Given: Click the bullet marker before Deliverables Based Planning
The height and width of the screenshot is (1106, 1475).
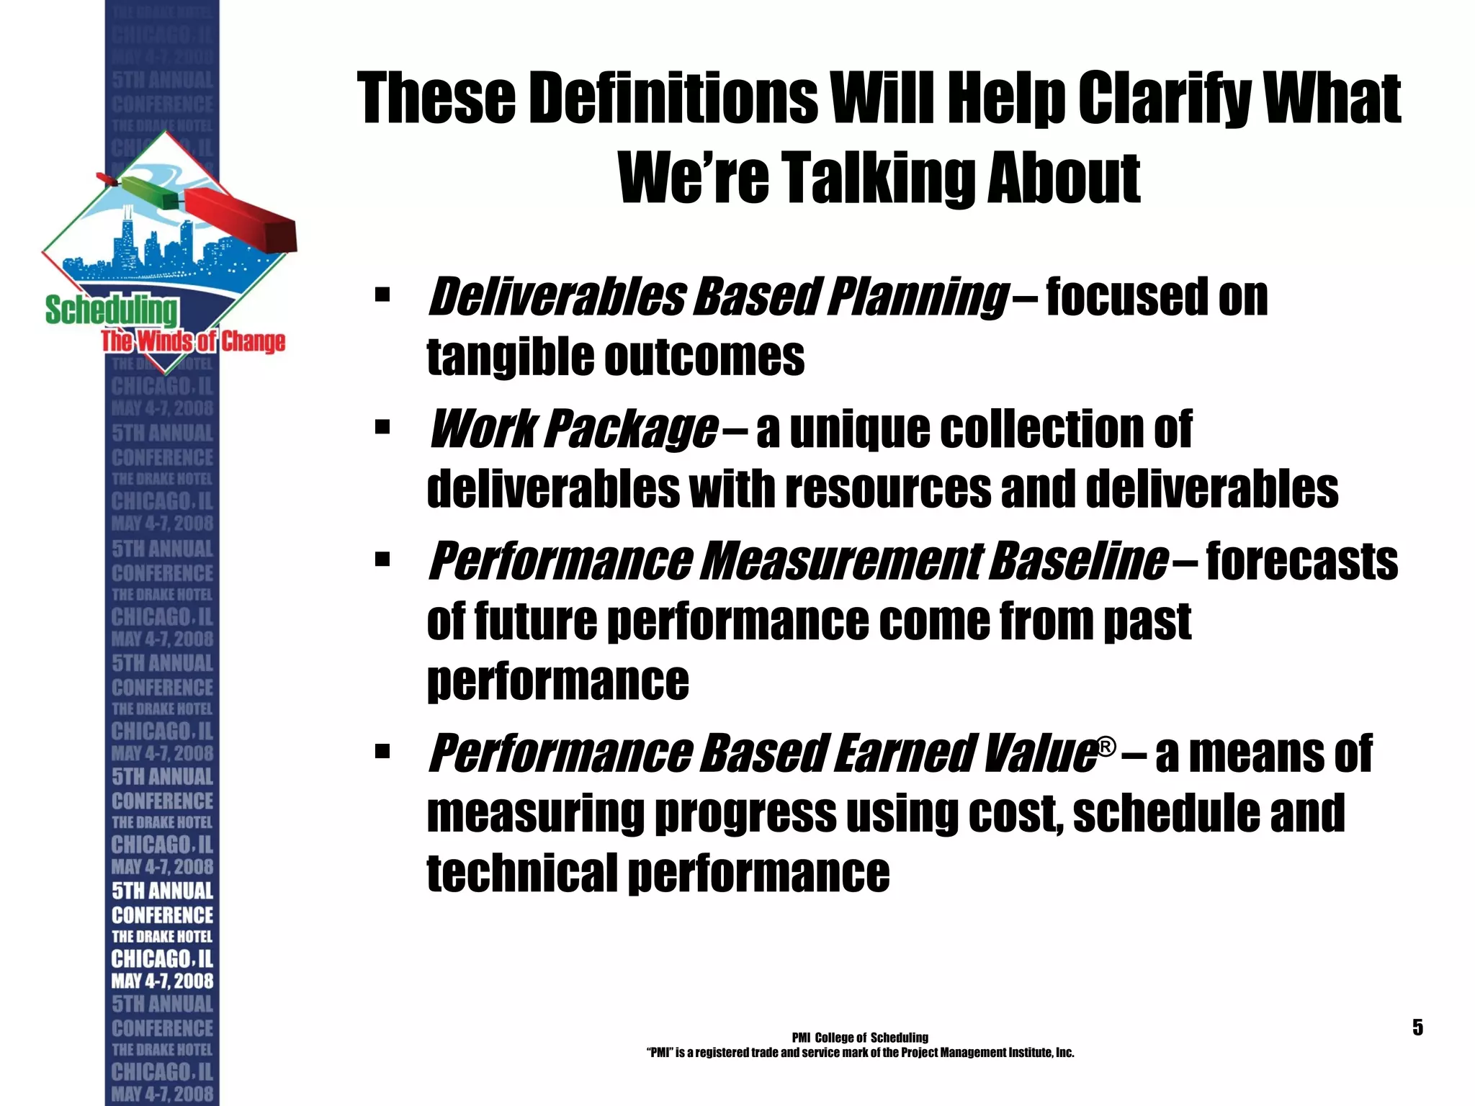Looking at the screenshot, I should [382, 295].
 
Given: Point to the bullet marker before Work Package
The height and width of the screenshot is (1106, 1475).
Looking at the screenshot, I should [382, 428].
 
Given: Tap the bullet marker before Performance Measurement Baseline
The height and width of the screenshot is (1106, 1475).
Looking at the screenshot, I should [382, 559].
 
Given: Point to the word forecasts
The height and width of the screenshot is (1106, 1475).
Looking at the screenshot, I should [1302, 561].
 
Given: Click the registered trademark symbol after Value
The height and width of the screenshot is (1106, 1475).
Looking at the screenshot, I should [1106, 747].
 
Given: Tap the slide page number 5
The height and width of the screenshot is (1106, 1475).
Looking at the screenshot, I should [1417, 1027].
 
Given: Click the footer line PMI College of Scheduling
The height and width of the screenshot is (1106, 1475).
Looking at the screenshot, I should [860, 1038].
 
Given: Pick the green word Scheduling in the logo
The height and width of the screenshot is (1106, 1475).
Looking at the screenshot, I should [112, 310].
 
